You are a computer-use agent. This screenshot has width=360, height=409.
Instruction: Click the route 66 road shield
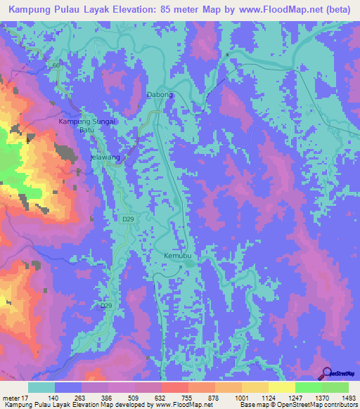(55, 66)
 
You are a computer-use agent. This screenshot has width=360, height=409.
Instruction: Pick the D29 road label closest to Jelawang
(127, 220)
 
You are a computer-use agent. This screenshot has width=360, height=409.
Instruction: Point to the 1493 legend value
(349, 398)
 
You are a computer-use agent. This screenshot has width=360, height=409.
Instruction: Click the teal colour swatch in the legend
(41, 387)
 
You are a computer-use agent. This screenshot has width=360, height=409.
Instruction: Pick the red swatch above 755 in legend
(175, 387)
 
